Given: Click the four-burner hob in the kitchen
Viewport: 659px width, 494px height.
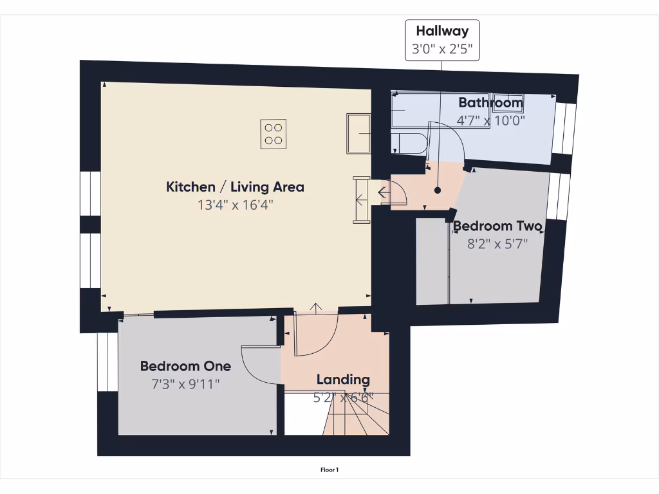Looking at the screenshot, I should [x=274, y=134].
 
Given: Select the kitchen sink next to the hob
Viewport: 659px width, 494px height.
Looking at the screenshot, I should [x=358, y=134].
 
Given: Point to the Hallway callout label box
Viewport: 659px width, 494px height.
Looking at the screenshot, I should [x=441, y=40].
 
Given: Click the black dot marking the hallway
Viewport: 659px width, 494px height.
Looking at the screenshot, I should [x=438, y=190].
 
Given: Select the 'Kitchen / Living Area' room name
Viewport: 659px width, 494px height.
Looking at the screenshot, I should [x=235, y=187].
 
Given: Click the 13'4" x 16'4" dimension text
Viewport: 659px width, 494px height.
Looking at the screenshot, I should [x=235, y=205].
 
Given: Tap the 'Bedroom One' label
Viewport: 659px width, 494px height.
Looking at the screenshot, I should [x=185, y=366].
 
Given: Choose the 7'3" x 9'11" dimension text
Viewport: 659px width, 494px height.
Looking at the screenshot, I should [x=185, y=384].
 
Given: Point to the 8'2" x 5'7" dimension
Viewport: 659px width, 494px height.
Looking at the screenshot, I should [x=497, y=244].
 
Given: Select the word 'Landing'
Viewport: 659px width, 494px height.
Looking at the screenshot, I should [x=343, y=380].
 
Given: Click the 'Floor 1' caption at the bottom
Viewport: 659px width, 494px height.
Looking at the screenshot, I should [x=329, y=470].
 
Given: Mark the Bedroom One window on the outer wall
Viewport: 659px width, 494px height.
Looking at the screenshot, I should [x=103, y=361].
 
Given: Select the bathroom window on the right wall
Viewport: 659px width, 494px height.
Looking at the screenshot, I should [x=564, y=129].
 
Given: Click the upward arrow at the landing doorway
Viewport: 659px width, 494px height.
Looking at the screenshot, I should [x=316, y=307].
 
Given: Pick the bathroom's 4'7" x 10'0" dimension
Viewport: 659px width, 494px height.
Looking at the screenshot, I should [x=491, y=120].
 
